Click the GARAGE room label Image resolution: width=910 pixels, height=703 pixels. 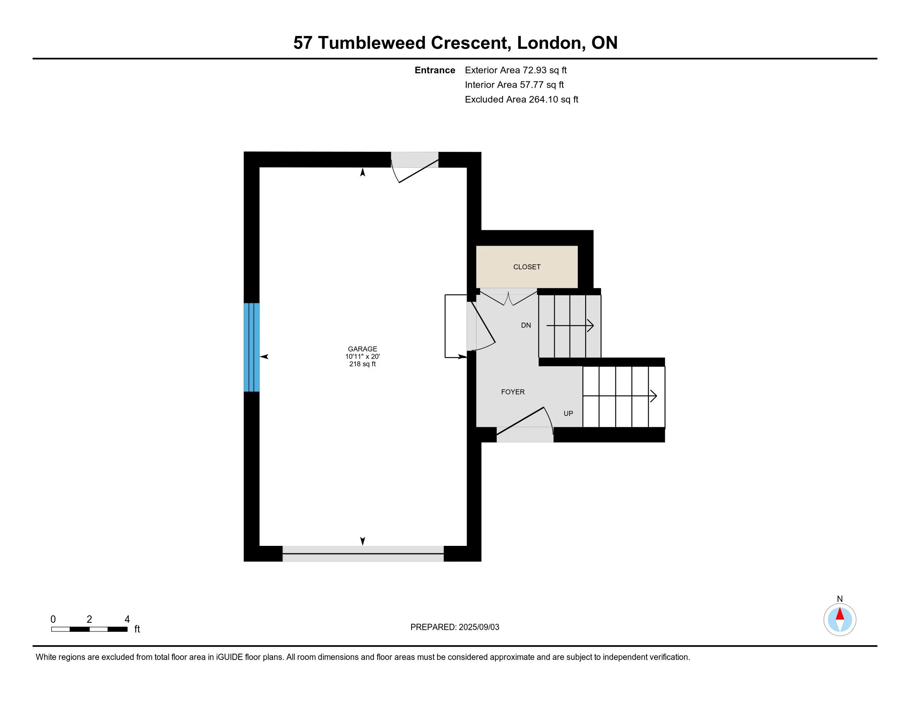[362, 349]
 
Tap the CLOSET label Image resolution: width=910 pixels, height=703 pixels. [527, 267]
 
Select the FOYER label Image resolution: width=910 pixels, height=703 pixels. [512, 392]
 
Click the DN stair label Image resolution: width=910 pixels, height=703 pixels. [526, 325]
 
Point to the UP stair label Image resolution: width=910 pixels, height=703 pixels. [568, 414]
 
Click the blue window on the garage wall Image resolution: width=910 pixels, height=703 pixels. [251, 347]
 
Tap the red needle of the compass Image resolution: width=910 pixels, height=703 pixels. [840, 614]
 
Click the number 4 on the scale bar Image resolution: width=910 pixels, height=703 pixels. [127, 619]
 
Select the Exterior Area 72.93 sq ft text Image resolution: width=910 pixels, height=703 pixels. [515, 70]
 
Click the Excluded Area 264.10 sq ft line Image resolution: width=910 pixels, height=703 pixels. [521, 100]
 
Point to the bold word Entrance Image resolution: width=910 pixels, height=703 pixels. [435, 70]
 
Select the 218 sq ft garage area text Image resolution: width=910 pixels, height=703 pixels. [362, 364]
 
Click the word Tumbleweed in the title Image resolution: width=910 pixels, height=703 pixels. [371, 43]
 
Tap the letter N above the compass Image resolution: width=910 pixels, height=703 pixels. [840, 599]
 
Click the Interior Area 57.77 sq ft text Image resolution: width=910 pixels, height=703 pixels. [514, 85]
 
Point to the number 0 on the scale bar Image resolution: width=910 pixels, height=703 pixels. [53, 619]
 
